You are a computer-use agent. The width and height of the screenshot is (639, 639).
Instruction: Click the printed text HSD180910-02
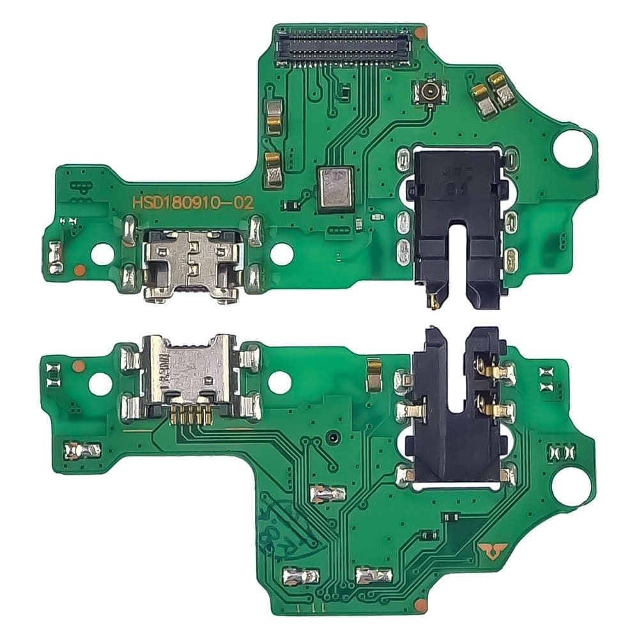click(192, 203)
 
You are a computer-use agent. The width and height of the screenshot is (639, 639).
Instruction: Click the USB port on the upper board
click(191, 263)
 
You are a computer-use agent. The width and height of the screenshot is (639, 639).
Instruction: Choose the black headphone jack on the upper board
click(454, 220)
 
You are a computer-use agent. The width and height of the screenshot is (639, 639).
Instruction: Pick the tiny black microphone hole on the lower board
click(334, 438)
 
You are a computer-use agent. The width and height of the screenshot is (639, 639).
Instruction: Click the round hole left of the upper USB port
click(101, 254)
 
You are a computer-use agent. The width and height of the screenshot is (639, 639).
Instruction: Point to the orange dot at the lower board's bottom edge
click(419, 604)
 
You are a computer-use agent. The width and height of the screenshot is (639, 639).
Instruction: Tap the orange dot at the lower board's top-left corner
click(78, 366)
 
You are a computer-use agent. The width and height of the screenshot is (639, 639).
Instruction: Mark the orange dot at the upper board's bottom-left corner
click(78, 270)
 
